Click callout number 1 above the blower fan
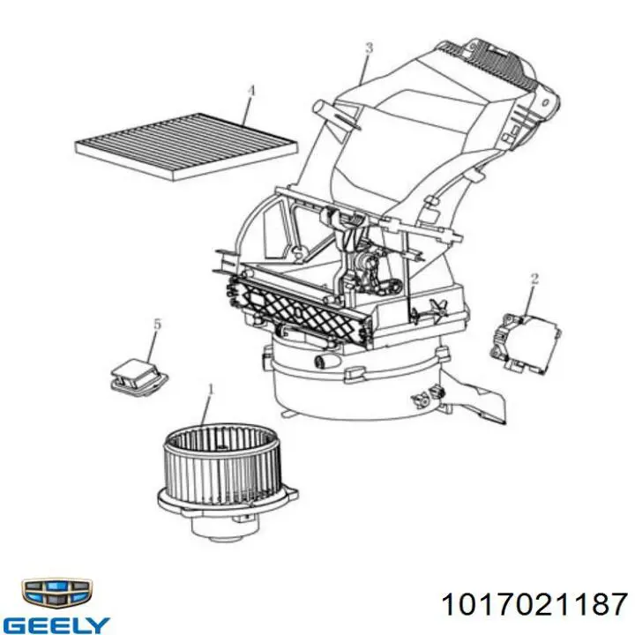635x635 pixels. tap(211, 390)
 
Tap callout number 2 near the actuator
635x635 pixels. tap(534, 279)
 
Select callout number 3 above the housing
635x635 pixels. tap(369, 49)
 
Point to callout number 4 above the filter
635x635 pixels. tap(251, 91)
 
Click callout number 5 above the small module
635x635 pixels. tap(157, 324)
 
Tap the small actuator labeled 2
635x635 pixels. tap(525, 340)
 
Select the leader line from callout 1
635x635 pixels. tap(206, 412)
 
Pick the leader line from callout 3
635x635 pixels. tap(364, 70)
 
